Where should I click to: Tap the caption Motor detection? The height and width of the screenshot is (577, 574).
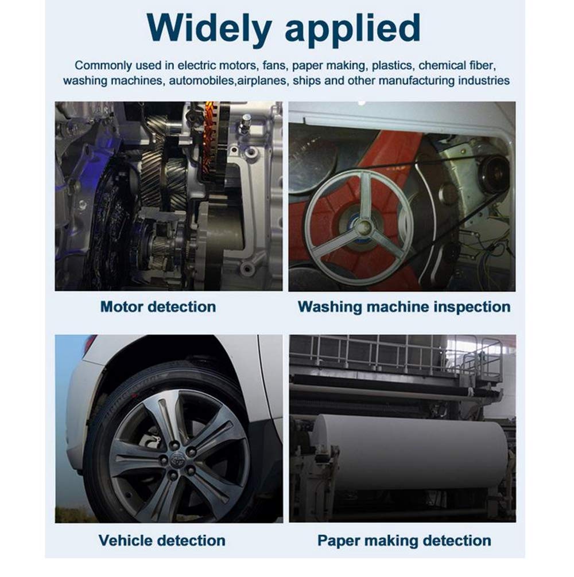(x=158, y=306)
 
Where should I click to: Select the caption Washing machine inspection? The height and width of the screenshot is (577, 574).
(x=404, y=306)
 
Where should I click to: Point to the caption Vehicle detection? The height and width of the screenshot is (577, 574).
(x=162, y=540)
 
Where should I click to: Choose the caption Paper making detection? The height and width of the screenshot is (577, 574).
(x=404, y=540)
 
